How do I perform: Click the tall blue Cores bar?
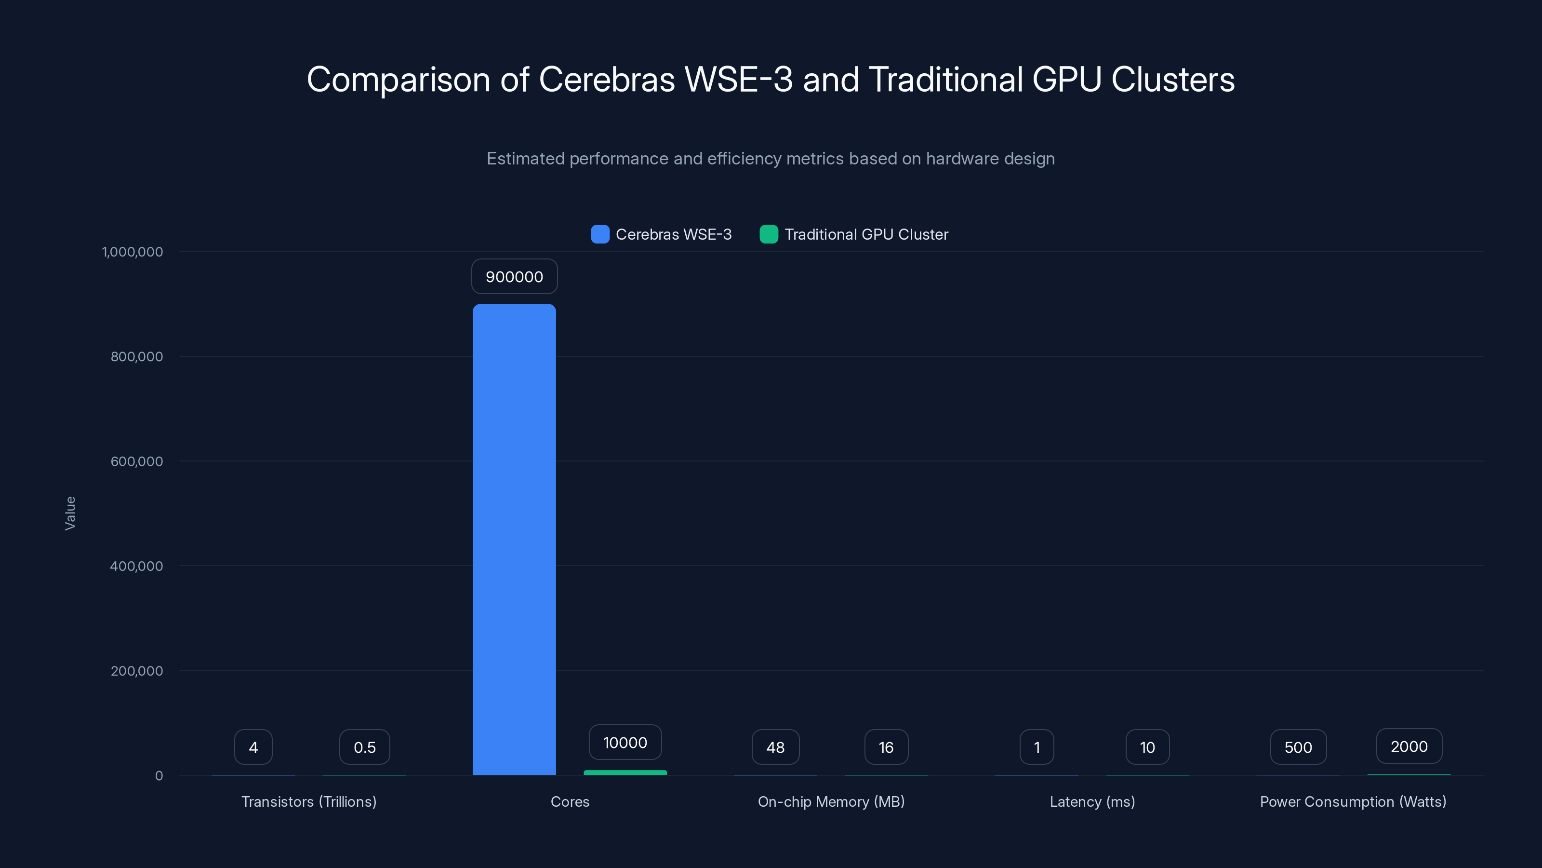(x=514, y=539)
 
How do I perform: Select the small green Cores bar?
(x=625, y=773)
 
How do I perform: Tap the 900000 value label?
(x=514, y=277)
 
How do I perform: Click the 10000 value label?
(x=625, y=743)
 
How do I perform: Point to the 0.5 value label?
(x=365, y=747)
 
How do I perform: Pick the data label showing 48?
(x=775, y=747)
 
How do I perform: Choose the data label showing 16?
(x=886, y=747)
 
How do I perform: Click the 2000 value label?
(x=1409, y=746)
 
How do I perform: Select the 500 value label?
(x=1298, y=747)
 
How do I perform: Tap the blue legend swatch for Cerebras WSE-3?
(x=600, y=234)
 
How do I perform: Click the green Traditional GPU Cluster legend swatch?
(x=769, y=234)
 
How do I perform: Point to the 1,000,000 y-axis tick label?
(x=133, y=252)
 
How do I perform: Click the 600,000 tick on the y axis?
(x=136, y=461)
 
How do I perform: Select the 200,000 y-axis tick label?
(x=136, y=671)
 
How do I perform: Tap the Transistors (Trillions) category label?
(x=309, y=801)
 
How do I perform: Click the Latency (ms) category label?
(x=1092, y=801)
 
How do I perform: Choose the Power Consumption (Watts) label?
(x=1353, y=801)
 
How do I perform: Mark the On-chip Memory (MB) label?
(x=831, y=801)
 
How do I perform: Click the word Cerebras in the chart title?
(x=606, y=80)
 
